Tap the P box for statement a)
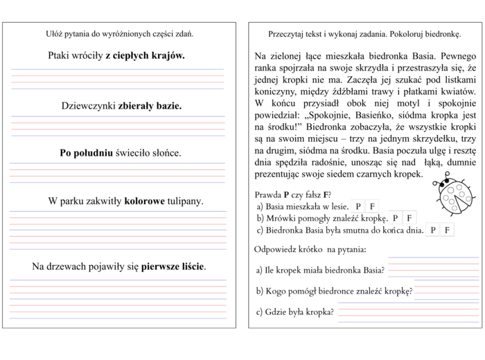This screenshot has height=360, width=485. click(358, 206)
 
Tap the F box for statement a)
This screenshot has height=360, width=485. click(372, 206)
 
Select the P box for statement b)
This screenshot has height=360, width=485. click(396, 218)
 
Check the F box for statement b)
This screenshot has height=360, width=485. click(409, 218)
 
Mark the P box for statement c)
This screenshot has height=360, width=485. click(433, 230)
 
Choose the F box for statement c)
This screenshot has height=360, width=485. click(447, 230)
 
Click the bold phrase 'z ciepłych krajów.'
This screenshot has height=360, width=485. click(145, 55)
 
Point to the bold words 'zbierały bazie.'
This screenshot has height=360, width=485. click(150, 106)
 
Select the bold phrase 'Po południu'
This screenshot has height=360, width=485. click(86, 153)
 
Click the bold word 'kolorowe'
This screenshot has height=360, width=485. click(144, 201)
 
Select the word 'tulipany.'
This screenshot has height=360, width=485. click(186, 201)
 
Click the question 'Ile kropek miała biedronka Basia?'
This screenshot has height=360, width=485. click(320, 270)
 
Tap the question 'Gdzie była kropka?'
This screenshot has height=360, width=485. click(295, 312)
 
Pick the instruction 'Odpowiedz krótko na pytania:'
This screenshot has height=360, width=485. click(310, 249)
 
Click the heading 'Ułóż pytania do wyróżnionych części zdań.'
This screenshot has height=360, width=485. click(120, 33)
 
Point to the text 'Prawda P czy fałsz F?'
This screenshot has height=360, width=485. click(292, 195)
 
